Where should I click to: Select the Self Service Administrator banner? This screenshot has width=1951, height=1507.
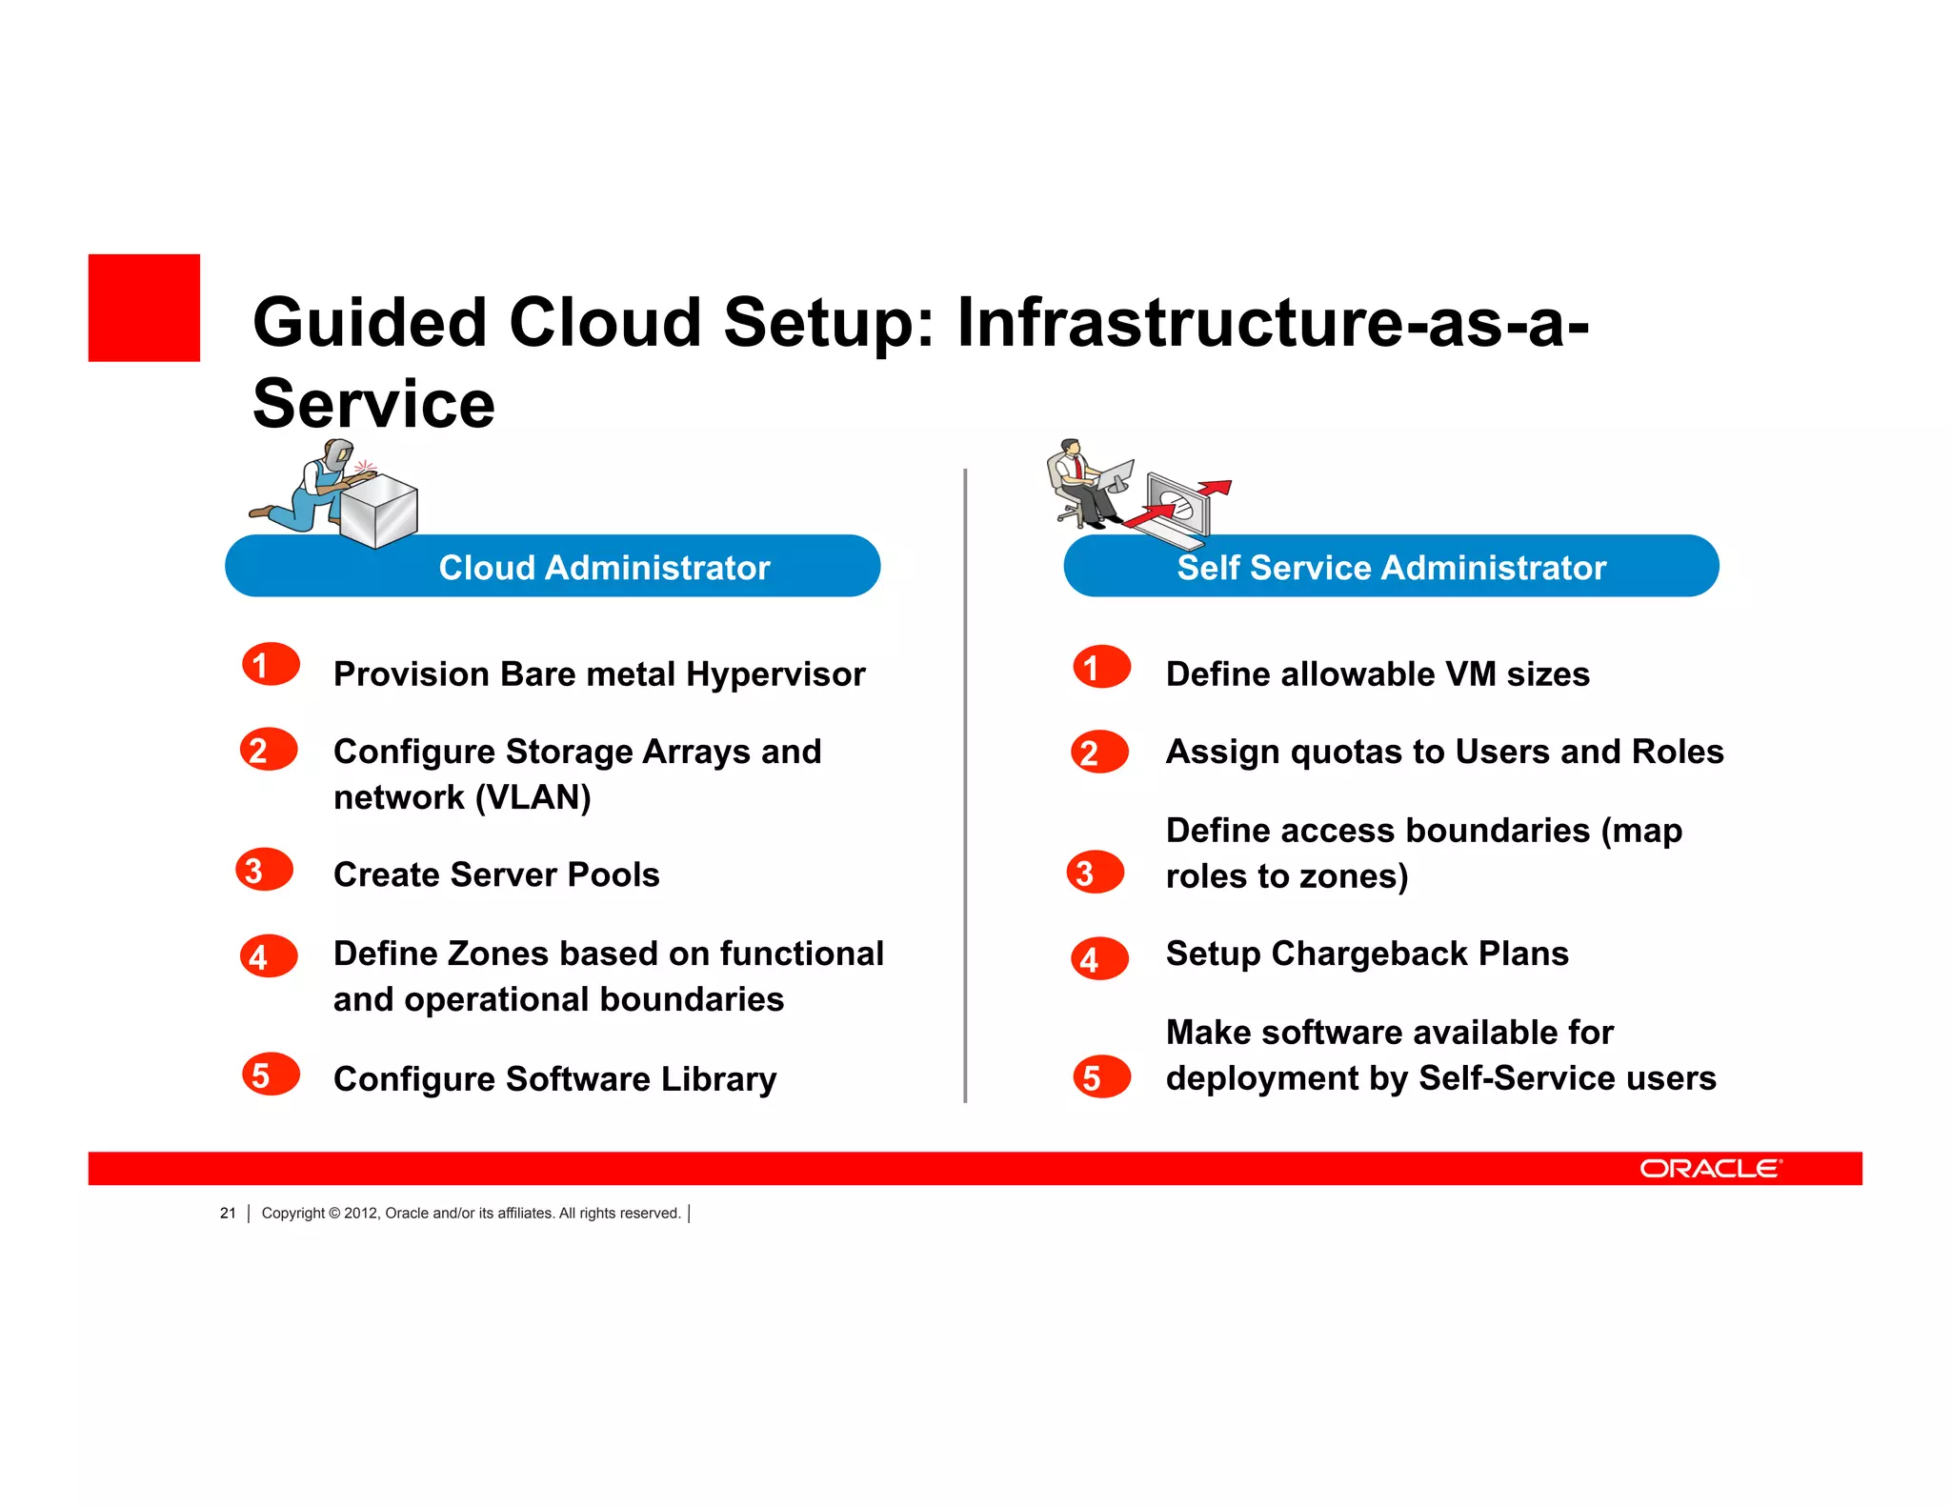(1391, 566)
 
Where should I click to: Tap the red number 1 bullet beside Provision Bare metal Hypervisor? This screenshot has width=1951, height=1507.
(271, 665)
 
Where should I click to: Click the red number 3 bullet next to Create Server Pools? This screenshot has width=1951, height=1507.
(264, 870)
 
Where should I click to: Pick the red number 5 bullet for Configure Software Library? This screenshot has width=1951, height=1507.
(271, 1075)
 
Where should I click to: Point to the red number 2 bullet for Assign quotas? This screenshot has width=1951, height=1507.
(1099, 753)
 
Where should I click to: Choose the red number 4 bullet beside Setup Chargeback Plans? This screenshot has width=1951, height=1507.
(1099, 958)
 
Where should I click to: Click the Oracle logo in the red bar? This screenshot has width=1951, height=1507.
(1710, 1168)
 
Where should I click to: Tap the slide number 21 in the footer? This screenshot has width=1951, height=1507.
(228, 1213)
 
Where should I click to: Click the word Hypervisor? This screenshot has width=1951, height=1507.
(775, 674)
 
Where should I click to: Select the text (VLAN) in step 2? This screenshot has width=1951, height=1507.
(533, 797)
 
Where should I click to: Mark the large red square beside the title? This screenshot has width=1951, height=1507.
(144, 308)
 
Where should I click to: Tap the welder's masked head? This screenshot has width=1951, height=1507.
(338, 453)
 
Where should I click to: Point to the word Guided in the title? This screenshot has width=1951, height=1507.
(370, 322)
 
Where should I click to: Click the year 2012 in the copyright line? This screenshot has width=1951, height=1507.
(360, 1213)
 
